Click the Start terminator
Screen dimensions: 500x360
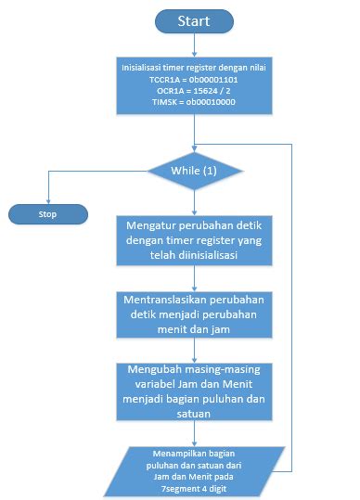(x=194, y=19)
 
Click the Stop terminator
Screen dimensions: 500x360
(x=47, y=214)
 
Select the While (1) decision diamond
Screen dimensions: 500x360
(x=194, y=172)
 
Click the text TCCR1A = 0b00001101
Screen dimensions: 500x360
(x=194, y=80)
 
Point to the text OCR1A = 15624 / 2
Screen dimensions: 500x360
(x=194, y=91)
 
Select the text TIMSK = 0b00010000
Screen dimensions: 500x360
(x=194, y=102)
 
